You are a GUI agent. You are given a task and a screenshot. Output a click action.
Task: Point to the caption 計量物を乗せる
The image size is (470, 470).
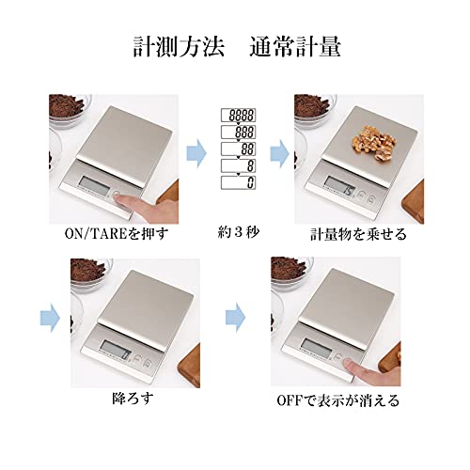pyautogui.click(x=356, y=233)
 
